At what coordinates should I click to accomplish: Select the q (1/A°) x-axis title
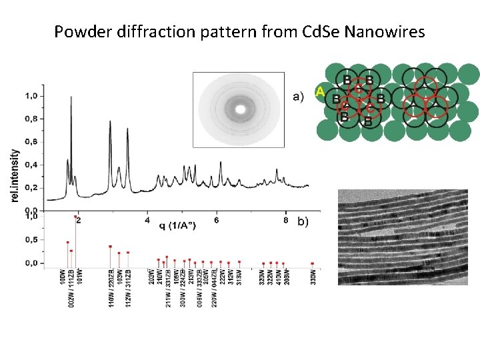pyautogui.click(x=177, y=225)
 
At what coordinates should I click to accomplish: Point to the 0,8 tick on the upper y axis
pyautogui.click(x=31, y=119)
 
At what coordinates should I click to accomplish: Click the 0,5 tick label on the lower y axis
pyautogui.click(x=31, y=240)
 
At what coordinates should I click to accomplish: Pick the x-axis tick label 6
pyautogui.click(x=217, y=219)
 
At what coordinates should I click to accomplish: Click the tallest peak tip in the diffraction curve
pyautogui.click(x=71, y=97)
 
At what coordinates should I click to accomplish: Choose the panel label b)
pyautogui.click(x=302, y=221)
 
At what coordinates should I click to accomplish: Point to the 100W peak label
pyautogui.click(x=63, y=277)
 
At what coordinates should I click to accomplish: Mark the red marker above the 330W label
pyautogui.click(x=312, y=263)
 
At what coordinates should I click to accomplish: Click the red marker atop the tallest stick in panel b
pyautogui.click(x=75, y=217)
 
